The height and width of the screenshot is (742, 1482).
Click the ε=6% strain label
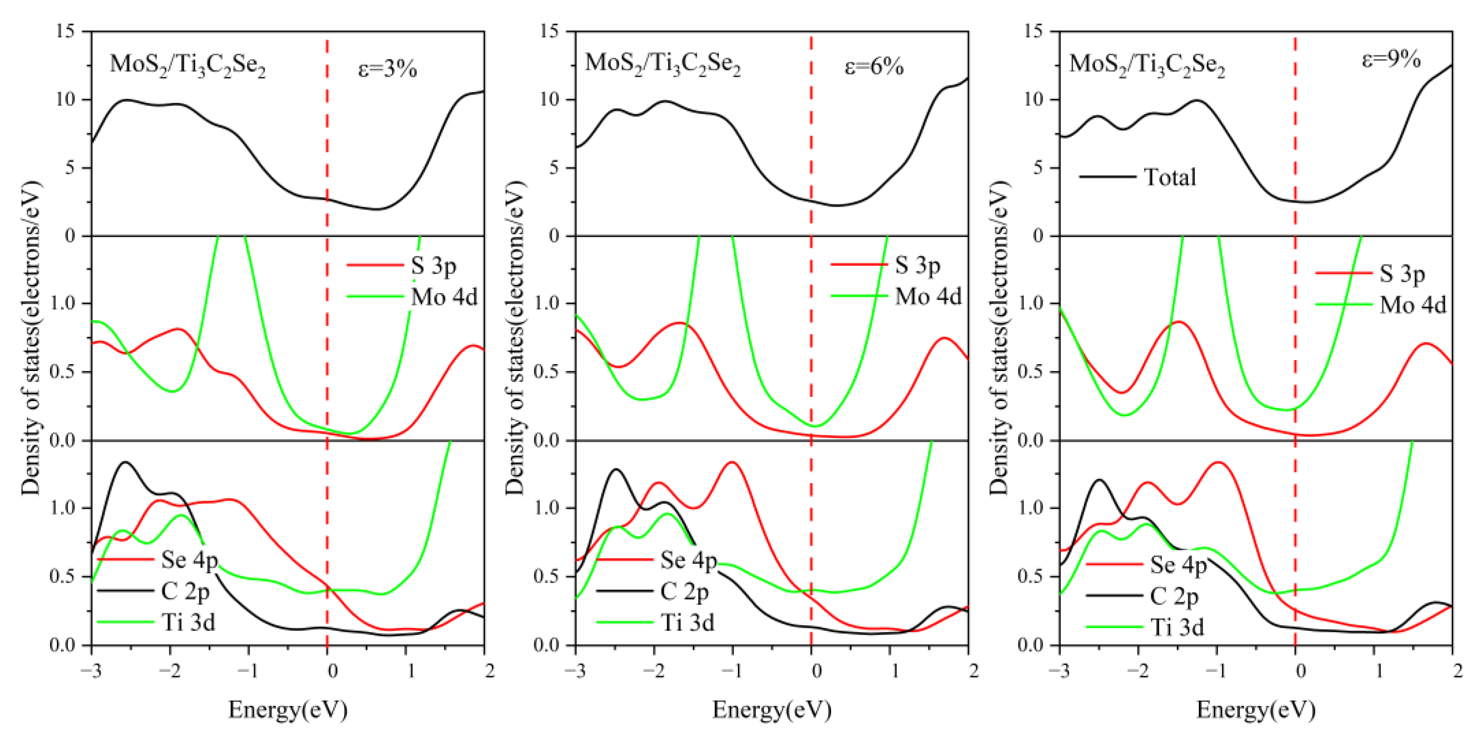873,67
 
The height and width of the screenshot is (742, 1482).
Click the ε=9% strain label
1391,60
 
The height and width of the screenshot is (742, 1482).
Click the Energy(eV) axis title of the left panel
288,710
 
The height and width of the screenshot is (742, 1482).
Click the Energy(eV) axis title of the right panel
1256,710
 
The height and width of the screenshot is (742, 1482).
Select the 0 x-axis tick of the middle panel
816,671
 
